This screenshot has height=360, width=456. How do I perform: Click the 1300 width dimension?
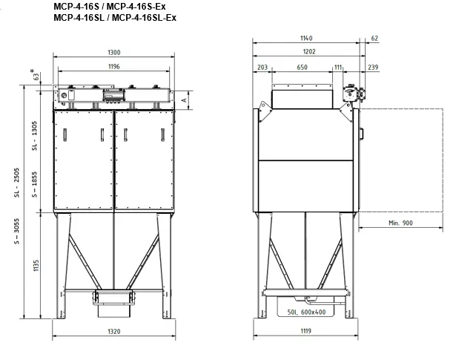[114, 53]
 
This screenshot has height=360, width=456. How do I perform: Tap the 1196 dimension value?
[114, 66]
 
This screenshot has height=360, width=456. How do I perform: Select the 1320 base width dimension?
[114, 332]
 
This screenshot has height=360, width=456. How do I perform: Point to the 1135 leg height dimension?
[36, 266]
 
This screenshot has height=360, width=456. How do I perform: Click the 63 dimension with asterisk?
[35, 75]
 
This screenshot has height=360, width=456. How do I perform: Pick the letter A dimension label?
[184, 100]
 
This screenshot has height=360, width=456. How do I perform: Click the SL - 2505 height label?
[16, 183]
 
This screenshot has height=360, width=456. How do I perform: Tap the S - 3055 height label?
[16, 231]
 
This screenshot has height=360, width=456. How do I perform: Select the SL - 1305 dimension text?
[34, 136]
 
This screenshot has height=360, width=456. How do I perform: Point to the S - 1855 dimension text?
[34, 185]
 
